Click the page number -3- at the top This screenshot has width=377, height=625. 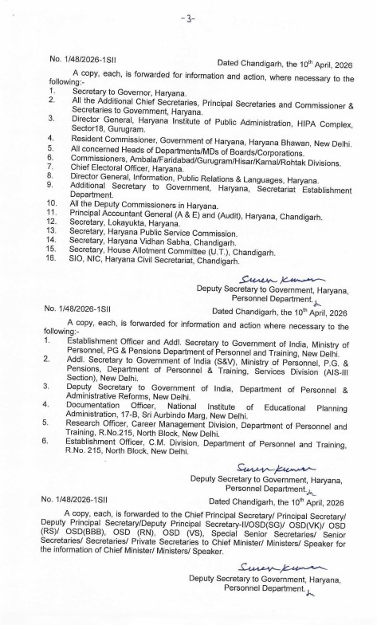tap(188, 17)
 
